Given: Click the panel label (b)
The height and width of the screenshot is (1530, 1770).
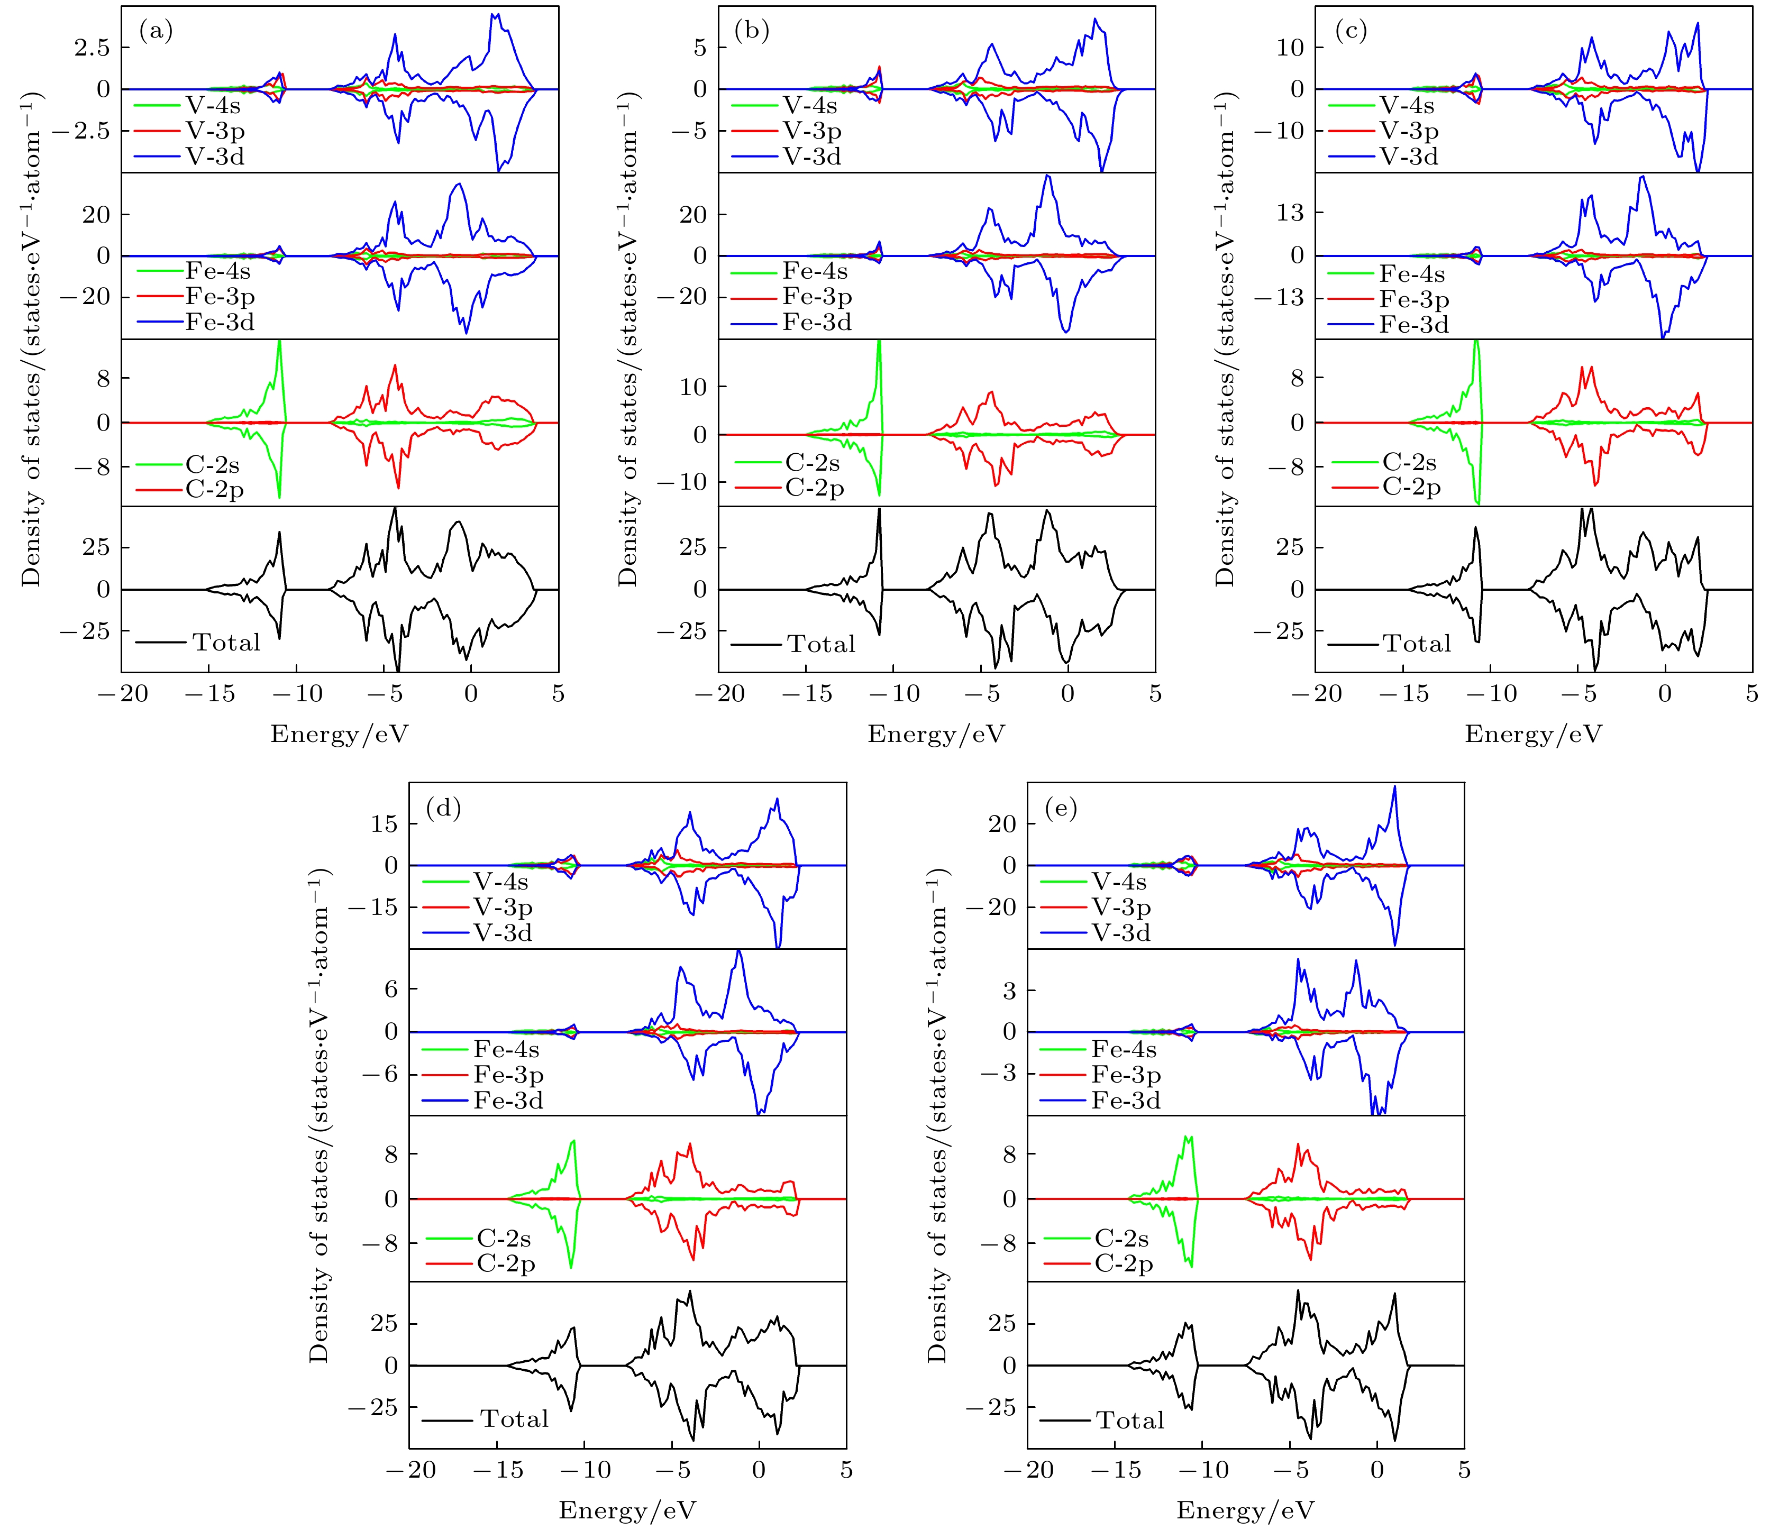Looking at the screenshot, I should (752, 32).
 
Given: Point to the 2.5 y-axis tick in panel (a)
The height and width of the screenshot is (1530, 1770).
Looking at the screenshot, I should (92, 48).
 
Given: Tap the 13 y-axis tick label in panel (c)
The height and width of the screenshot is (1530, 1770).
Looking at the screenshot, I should (1290, 213).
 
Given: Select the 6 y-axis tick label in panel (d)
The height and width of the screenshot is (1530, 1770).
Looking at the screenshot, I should (391, 990).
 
